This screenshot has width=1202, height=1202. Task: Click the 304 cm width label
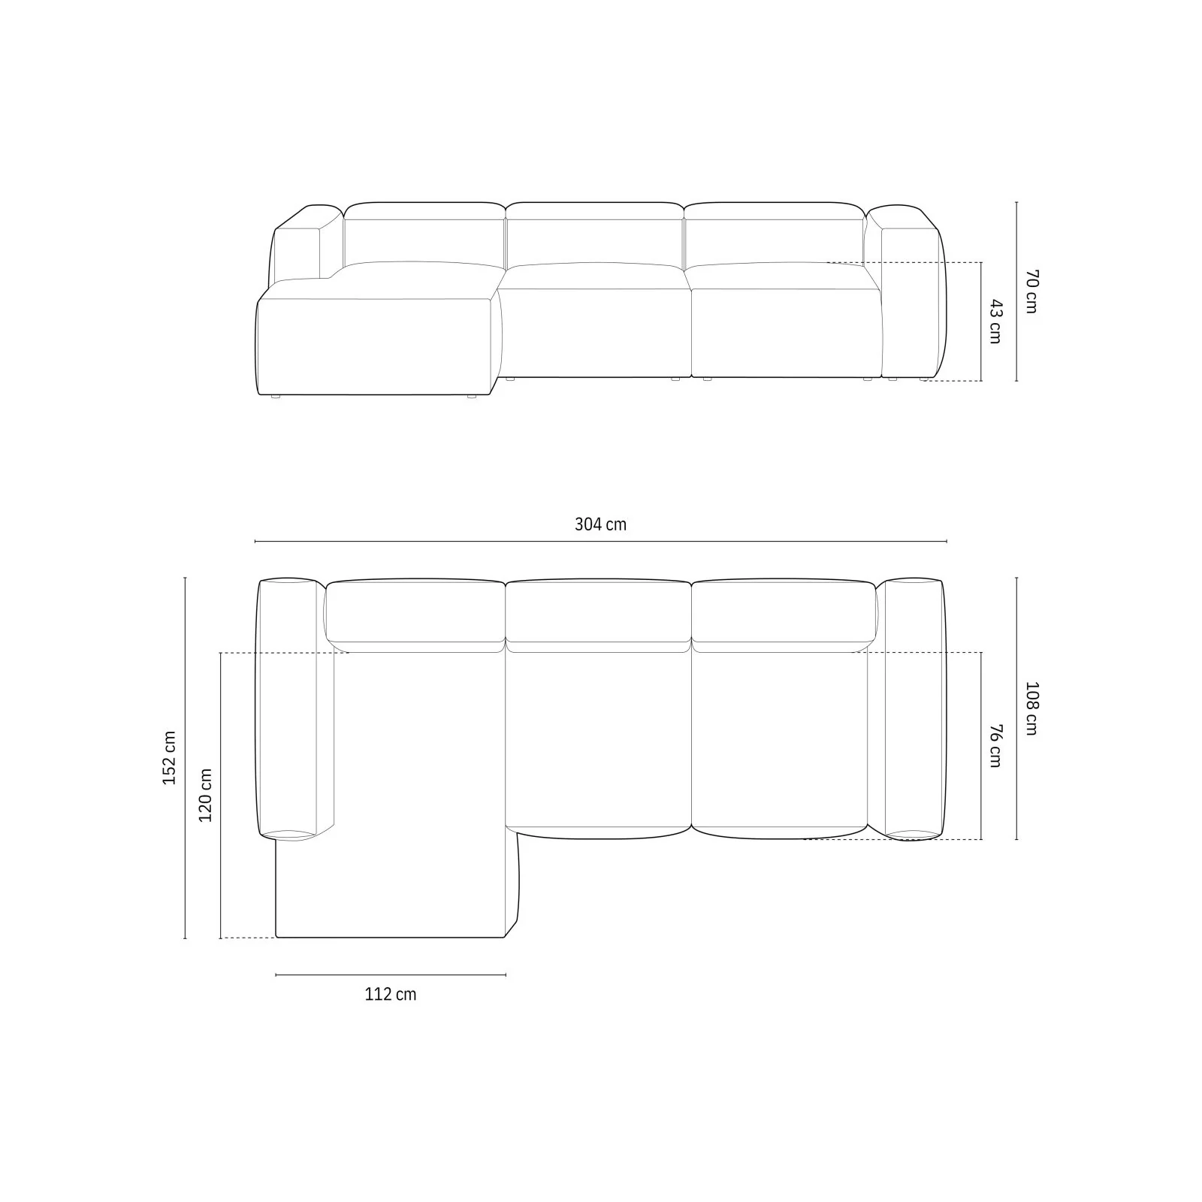click(x=600, y=524)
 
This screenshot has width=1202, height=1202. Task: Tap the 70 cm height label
click(x=1031, y=291)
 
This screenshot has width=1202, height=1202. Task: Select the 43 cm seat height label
click(x=995, y=322)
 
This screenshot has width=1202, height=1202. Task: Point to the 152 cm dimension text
click(x=170, y=757)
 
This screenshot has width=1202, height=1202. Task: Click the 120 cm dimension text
click(x=205, y=795)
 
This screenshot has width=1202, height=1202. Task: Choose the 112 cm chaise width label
click(x=391, y=994)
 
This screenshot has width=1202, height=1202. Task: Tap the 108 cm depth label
click(x=1031, y=708)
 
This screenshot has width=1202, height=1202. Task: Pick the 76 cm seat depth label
click(x=995, y=745)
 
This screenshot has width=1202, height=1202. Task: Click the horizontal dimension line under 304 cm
click(x=600, y=541)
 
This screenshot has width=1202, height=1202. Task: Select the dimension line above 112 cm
click(x=391, y=975)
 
